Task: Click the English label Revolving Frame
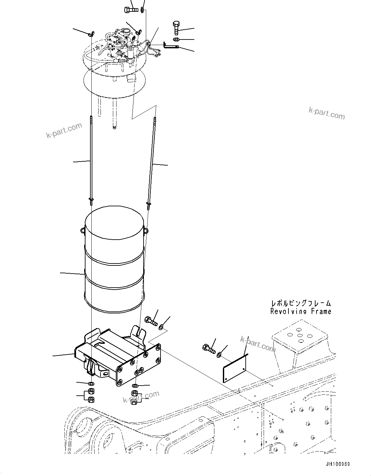301,311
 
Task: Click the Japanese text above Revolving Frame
301,304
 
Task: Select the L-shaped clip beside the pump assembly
170,46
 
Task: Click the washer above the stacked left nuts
91,383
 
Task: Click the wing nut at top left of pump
91,33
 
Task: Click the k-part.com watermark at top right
326,113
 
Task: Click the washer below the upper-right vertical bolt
176,40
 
